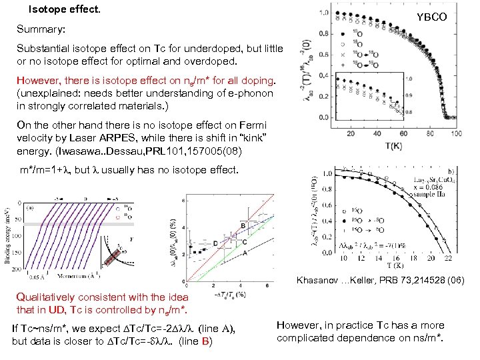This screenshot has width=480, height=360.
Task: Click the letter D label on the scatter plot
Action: click(215, 241)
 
